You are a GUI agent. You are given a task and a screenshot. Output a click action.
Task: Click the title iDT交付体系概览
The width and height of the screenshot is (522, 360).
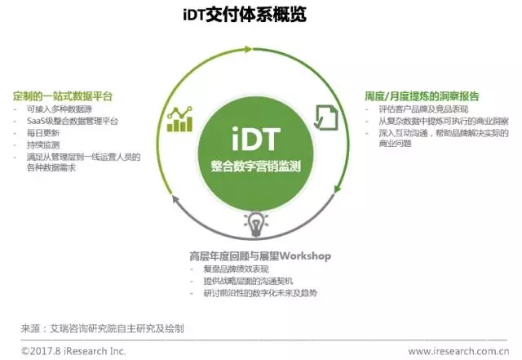245,15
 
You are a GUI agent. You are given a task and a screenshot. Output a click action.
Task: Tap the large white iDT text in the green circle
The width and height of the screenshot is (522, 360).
255,139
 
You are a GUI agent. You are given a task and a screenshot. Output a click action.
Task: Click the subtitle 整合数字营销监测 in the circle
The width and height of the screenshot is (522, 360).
255,166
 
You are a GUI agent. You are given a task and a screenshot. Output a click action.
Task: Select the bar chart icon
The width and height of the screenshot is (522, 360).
179,119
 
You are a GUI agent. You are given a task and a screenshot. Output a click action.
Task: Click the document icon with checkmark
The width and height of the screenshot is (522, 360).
326,118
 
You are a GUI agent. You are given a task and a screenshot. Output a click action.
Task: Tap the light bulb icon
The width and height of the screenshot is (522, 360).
255,224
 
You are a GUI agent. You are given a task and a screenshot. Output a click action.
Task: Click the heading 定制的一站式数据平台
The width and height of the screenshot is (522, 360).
63,96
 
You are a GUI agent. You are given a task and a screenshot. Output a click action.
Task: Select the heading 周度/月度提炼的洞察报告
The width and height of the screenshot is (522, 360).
422,96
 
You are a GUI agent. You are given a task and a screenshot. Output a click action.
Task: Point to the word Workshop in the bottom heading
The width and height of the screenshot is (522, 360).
305,256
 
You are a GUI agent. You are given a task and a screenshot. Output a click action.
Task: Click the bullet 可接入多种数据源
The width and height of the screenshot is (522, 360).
60,109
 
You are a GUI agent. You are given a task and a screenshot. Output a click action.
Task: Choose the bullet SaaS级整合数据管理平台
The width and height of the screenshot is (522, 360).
73,121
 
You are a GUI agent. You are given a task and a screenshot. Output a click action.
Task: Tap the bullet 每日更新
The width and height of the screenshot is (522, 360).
43,133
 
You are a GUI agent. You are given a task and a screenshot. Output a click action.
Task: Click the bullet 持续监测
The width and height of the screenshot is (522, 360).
43,144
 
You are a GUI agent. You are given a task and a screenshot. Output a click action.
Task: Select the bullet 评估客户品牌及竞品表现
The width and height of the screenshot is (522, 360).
423,109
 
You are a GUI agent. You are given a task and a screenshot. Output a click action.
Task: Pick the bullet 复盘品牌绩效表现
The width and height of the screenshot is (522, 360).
236,269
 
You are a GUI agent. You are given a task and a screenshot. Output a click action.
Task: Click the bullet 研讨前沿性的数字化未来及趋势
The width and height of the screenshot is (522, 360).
260,293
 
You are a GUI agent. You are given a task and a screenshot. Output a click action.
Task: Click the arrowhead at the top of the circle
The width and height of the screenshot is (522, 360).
248,49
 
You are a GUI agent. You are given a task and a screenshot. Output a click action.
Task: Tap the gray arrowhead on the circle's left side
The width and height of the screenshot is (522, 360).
175,199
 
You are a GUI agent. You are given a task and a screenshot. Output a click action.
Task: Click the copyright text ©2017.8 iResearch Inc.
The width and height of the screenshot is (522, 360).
73,351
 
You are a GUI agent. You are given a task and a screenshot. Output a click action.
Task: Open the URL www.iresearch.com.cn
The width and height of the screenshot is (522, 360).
458,351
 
